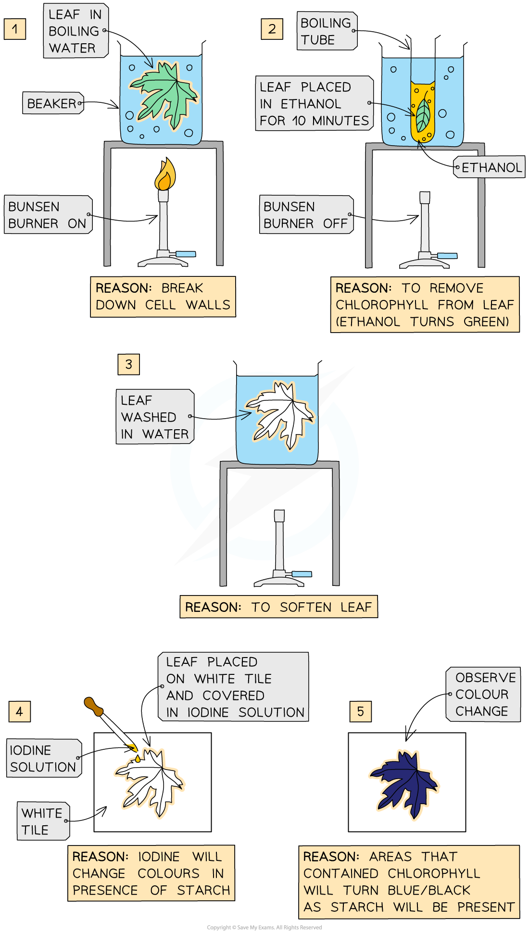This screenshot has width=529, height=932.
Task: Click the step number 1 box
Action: [x=15, y=29]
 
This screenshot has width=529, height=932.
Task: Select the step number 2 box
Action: [x=272, y=29]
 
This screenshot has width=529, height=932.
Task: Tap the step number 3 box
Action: [x=128, y=364]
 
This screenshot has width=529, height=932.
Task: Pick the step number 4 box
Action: [x=19, y=711]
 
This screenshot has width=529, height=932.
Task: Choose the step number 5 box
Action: [x=361, y=711]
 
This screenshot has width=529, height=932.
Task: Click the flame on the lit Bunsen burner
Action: [x=165, y=175]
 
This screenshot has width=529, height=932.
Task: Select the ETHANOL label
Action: [x=490, y=167]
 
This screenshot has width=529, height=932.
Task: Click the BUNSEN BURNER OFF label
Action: [x=306, y=215]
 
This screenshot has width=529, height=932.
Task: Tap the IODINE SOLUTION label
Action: [x=44, y=758]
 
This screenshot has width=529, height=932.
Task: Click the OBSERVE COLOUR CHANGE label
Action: [x=484, y=694]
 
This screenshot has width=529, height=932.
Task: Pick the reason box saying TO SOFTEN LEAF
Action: [x=278, y=607]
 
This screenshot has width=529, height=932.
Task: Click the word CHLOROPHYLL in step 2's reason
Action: [x=382, y=305]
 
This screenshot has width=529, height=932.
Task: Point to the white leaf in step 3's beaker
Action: [x=281, y=413]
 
